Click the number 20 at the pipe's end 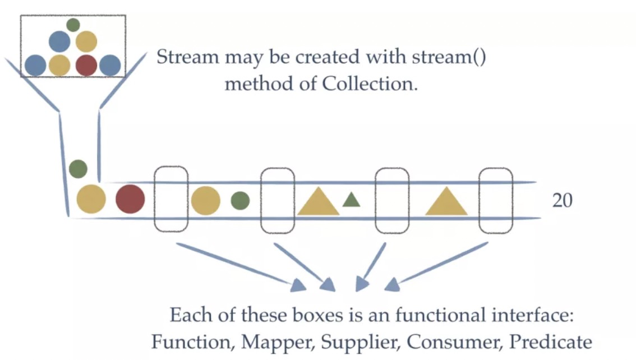pos(563,201)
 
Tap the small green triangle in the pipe pos(351,200)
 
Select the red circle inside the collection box pos(86,65)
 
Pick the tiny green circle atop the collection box pos(73,25)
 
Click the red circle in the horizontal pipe pos(130,200)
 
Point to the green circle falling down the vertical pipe pos(78,168)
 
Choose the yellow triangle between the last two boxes pos(446,202)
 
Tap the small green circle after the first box pos(240,200)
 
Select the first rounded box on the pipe pos(170,199)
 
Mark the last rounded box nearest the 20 pos(496,200)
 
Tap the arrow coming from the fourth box pos(437,266)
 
